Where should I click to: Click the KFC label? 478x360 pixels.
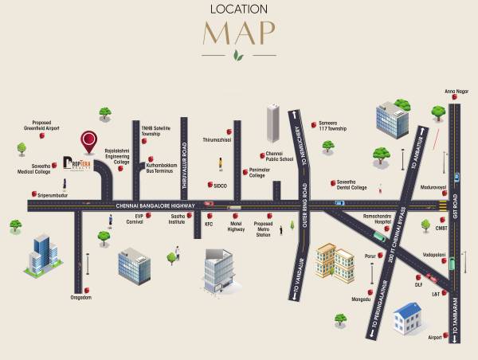pos(209,225)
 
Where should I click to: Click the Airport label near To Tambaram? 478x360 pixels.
pos(434,338)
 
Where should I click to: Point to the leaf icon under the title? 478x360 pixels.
pos(238,56)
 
